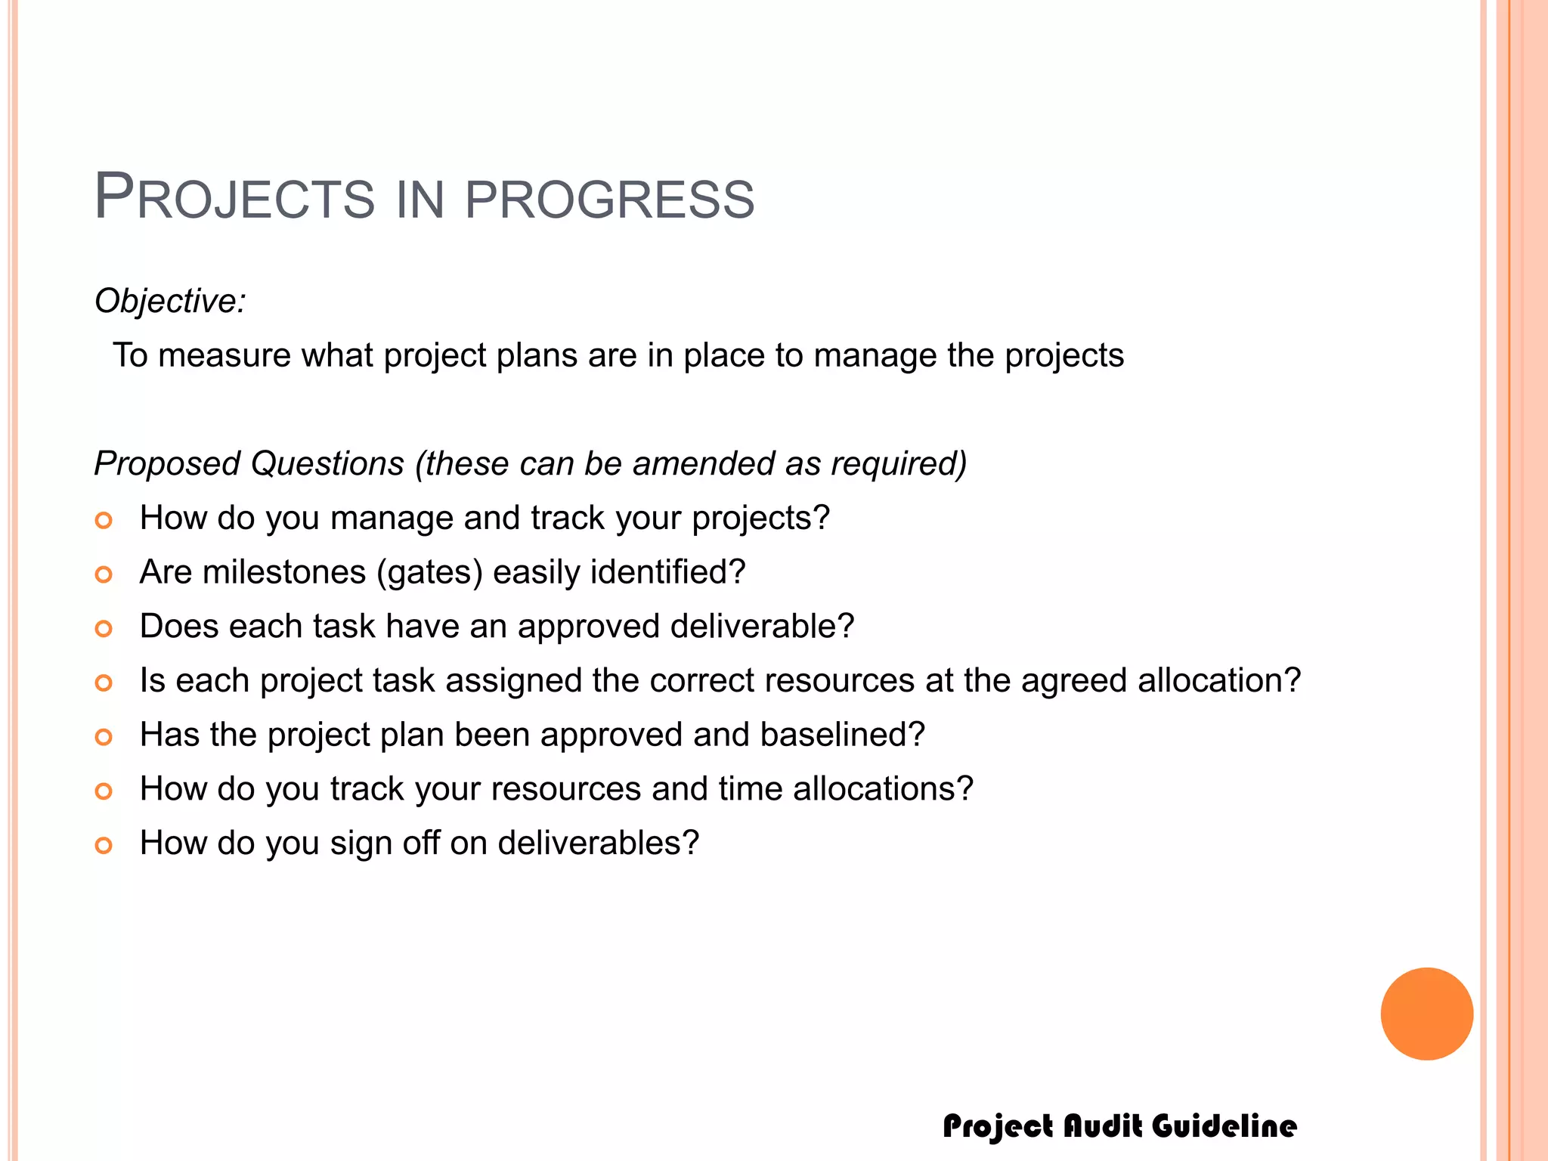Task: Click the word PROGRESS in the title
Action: point(609,200)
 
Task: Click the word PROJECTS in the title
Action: point(234,198)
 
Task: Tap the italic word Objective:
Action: point(170,301)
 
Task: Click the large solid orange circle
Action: point(1426,1014)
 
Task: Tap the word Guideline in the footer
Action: point(1224,1125)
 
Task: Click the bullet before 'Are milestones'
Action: point(104,574)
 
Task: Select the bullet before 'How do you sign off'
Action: point(104,845)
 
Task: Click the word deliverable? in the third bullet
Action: point(762,626)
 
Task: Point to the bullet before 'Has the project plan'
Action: point(104,737)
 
